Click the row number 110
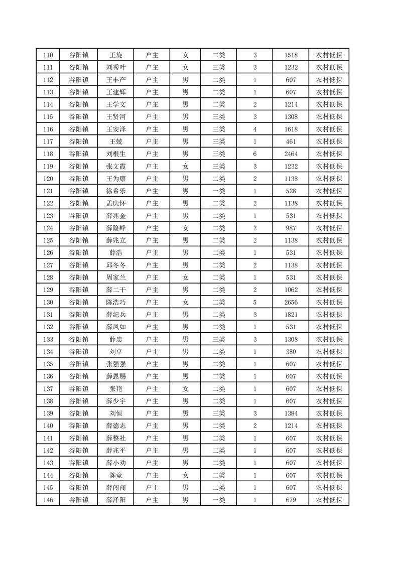[48, 55]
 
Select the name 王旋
[115, 55]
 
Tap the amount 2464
[291, 154]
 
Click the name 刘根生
[115, 154]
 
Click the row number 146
[48, 500]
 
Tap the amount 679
[291, 500]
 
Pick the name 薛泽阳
[115, 500]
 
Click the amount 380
[291, 352]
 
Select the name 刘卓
[115, 352]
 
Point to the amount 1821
[291, 315]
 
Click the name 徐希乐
[115, 191]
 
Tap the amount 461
[291, 142]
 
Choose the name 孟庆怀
[115, 203]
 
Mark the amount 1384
[291, 413]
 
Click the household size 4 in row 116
[255, 129]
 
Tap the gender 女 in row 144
[185, 475]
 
